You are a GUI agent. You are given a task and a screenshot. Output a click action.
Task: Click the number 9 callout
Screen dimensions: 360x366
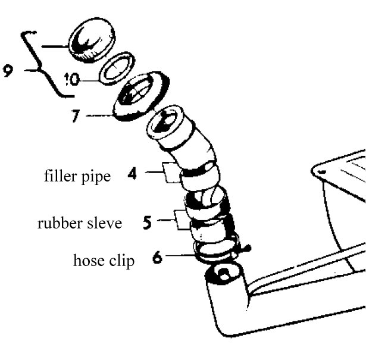[x=8, y=71]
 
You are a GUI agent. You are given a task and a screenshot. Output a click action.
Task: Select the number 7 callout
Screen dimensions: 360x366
[x=75, y=115]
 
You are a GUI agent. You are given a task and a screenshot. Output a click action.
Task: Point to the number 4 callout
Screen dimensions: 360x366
[x=132, y=174]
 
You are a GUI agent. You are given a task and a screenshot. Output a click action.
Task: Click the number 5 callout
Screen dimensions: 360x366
[x=147, y=223]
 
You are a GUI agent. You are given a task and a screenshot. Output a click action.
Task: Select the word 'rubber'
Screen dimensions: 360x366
[x=58, y=224]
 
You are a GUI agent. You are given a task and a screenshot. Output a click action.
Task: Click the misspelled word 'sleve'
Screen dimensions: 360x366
[x=103, y=224]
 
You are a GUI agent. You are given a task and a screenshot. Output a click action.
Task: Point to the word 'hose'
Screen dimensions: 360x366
[x=87, y=261]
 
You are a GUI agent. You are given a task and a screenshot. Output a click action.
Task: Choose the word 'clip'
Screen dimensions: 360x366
[x=122, y=261]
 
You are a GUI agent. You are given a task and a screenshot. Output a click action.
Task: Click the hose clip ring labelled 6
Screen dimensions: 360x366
[x=219, y=250]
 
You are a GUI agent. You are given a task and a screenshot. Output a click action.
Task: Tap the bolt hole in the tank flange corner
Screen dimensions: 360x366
[x=321, y=172]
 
